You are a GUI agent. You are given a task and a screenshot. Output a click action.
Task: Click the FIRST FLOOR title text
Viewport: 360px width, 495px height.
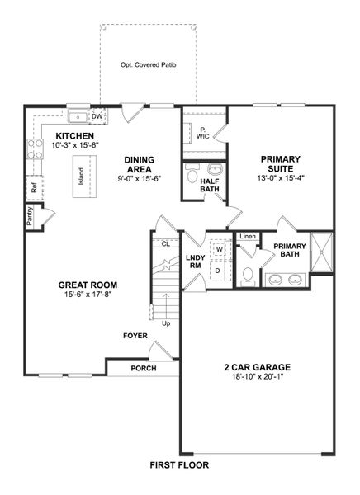point(179,465)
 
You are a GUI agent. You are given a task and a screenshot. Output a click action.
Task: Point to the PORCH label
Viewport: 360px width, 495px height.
point(144,368)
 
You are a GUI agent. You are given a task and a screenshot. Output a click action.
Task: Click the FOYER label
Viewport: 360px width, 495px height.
point(135,336)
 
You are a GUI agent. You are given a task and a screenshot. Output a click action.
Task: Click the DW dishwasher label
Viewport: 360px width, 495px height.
point(97,116)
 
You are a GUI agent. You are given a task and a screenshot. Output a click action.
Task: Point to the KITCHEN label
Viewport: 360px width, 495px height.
point(74,136)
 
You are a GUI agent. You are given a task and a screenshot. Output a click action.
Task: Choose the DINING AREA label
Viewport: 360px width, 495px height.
point(141,165)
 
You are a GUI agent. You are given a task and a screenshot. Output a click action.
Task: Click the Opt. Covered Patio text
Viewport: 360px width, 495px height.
point(149,64)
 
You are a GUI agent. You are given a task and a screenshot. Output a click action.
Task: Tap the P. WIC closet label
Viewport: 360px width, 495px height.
point(201,133)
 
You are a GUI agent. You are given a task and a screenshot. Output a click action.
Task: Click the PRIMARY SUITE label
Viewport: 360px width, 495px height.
point(281,165)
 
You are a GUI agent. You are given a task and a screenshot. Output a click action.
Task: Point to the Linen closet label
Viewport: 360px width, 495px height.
point(247,237)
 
